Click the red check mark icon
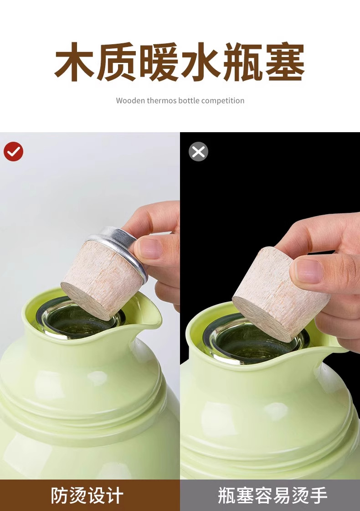pos(13,151)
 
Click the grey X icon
pos(198,151)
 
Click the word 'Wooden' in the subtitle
pos(130,100)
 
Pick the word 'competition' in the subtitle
pos(223,101)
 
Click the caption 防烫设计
pos(87,496)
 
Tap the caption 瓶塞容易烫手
pos(273,496)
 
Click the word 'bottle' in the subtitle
pos(189,100)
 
